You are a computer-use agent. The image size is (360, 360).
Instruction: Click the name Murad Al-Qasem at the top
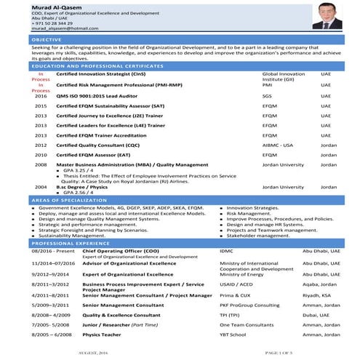pyautogui.click(x=37, y=7)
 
